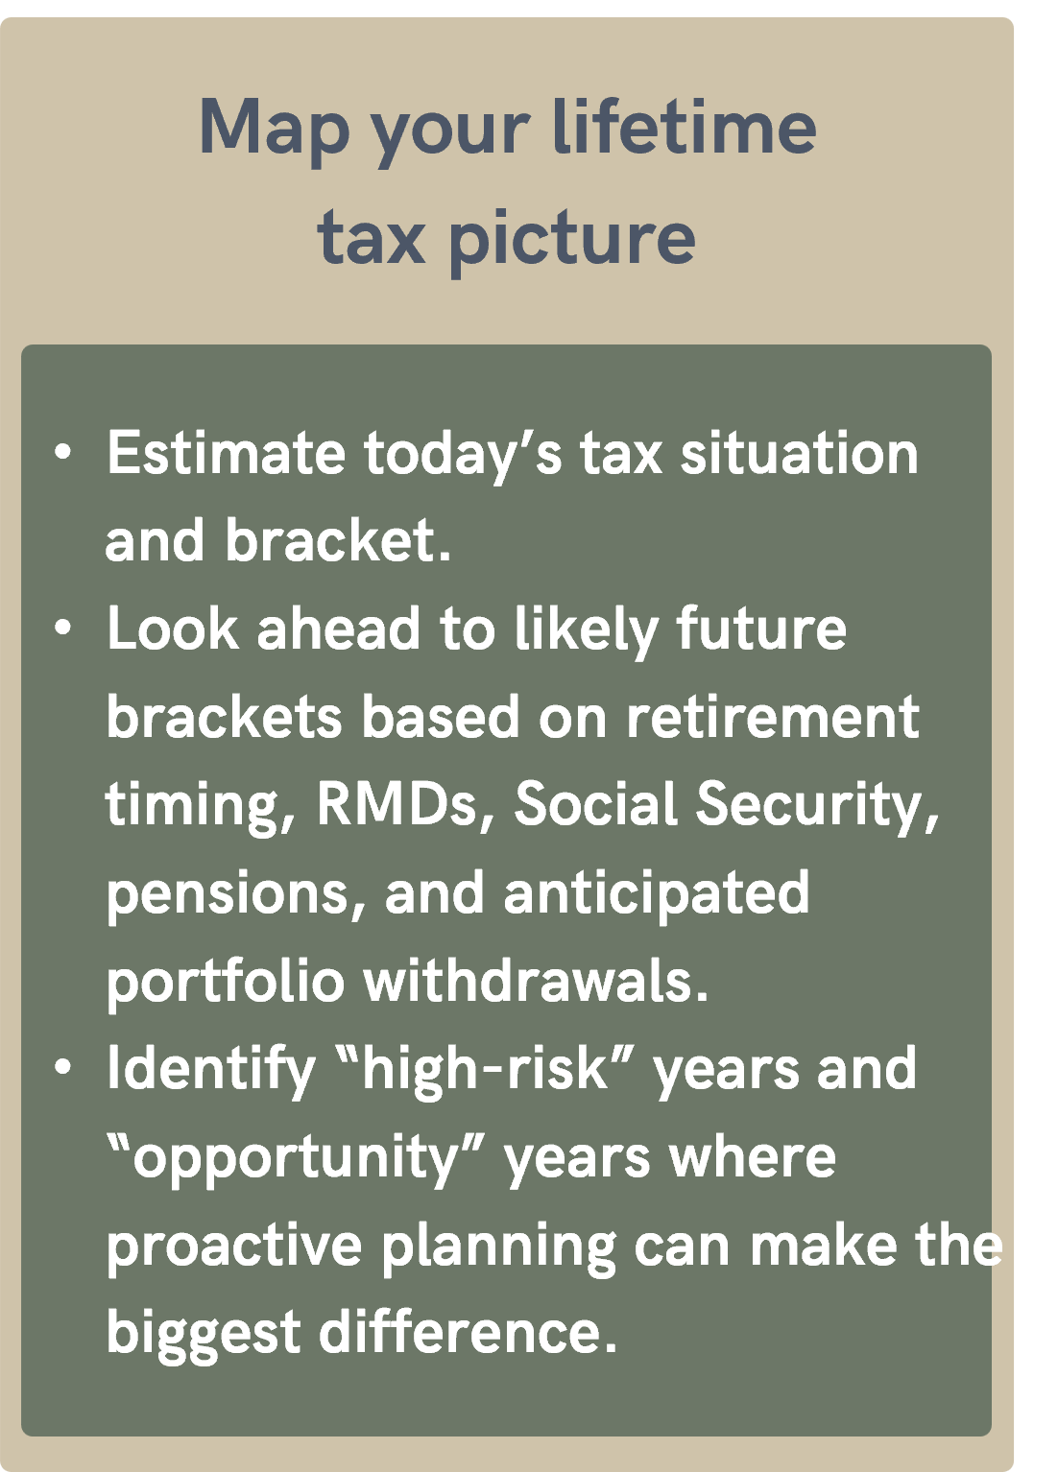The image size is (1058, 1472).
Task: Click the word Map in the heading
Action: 274,128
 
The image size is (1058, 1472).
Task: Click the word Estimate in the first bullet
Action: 226,453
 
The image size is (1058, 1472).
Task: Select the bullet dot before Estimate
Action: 63,452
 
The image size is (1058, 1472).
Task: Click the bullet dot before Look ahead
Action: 63,629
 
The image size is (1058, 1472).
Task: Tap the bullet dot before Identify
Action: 63,1068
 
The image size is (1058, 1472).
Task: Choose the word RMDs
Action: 397,804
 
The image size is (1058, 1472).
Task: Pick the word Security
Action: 816,804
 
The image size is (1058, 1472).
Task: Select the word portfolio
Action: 225,982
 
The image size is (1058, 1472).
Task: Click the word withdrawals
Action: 535,981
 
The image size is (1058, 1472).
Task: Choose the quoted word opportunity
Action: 296,1157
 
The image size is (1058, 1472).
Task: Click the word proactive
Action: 233,1246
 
